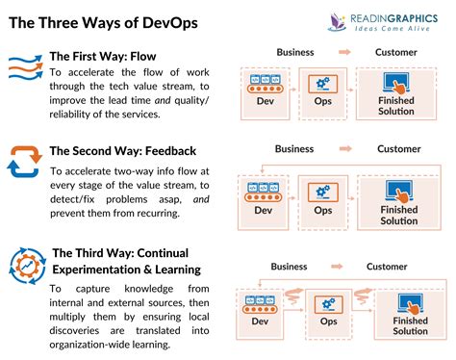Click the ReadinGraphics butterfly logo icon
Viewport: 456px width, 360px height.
point(338,22)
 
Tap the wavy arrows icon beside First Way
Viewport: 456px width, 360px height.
point(26,66)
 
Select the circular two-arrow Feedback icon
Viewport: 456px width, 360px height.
point(25,162)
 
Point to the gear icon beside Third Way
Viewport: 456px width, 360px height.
point(28,266)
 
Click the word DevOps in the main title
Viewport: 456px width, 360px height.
point(170,23)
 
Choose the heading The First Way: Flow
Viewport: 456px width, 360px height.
point(103,57)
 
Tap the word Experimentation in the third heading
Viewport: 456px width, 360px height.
point(96,270)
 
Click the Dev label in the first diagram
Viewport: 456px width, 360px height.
point(266,101)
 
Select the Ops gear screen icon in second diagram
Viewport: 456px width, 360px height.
point(323,193)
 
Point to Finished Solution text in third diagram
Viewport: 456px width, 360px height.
point(410,325)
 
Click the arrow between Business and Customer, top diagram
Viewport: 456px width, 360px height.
point(344,52)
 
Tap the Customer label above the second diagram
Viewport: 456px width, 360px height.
point(399,149)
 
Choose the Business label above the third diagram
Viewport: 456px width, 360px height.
point(289,267)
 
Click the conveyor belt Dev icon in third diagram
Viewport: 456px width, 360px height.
point(260,304)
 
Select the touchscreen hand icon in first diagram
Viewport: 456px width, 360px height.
point(396,84)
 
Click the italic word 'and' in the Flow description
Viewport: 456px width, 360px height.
point(163,100)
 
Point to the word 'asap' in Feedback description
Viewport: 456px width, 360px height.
point(170,199)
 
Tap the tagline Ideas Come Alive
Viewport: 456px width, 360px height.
point(392,29)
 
